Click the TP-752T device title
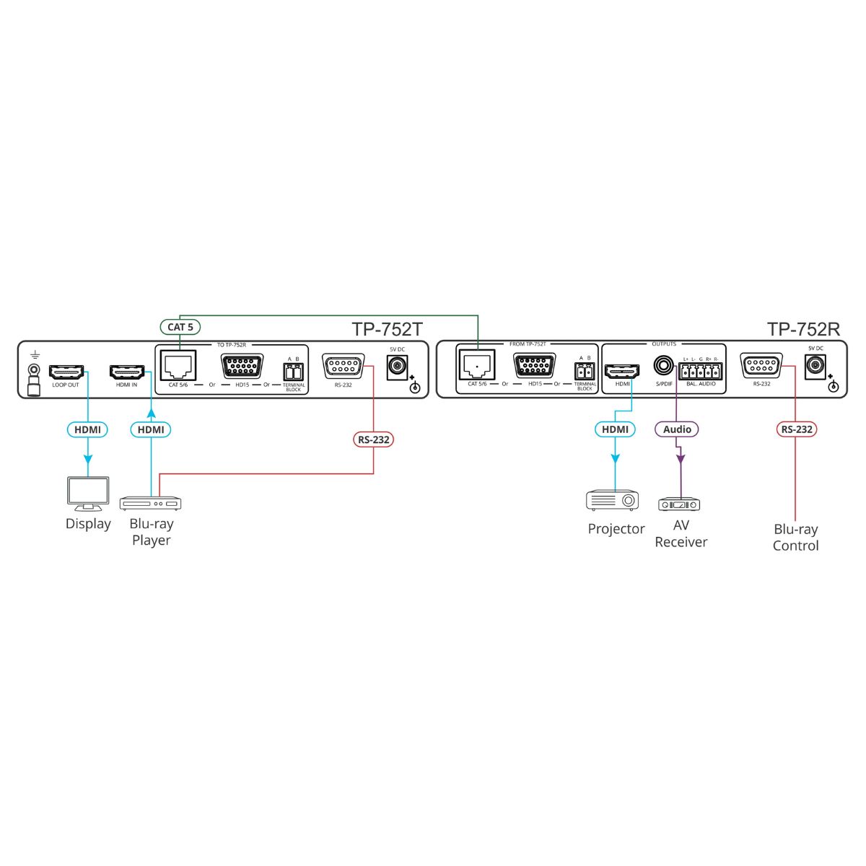click(x=387, y=329)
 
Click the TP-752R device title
click(x=803, y=329)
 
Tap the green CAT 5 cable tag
click(x=180, y=327)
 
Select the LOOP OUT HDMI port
click(x=66, y=372)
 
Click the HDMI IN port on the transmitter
click(x=128, y=372)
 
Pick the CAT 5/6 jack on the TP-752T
click(x=178, y=365)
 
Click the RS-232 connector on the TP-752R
click(x=761, y=365)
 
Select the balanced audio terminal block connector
click(x=700, y=371)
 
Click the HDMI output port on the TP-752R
click(x=623, y=371)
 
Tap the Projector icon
click(x=613, y=500)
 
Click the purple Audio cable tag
click(x=677, y=429)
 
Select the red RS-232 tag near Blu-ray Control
click(x=796, y=429)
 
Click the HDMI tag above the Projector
click(x=615, y=429)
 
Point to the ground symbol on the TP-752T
click(x=32, y=356)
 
